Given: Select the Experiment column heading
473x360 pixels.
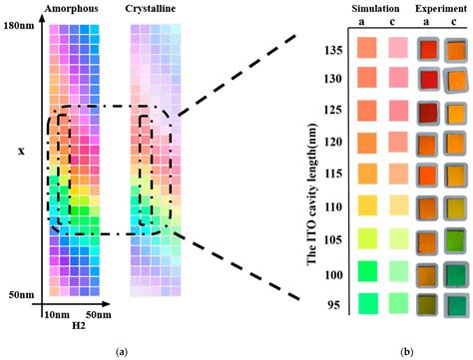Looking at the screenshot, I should tap(441, 8).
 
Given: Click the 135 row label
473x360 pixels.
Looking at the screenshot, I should tap(336, 48).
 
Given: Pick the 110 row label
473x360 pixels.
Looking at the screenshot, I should tap(336, 206).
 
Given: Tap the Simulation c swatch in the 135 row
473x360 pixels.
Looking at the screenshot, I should tap(396, 48).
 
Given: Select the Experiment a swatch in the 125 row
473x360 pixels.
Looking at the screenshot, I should tap(429, 112).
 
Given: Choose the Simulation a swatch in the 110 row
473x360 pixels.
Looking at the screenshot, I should tap(366, 206).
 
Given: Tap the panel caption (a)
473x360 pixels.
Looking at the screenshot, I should tap(122, 350).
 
